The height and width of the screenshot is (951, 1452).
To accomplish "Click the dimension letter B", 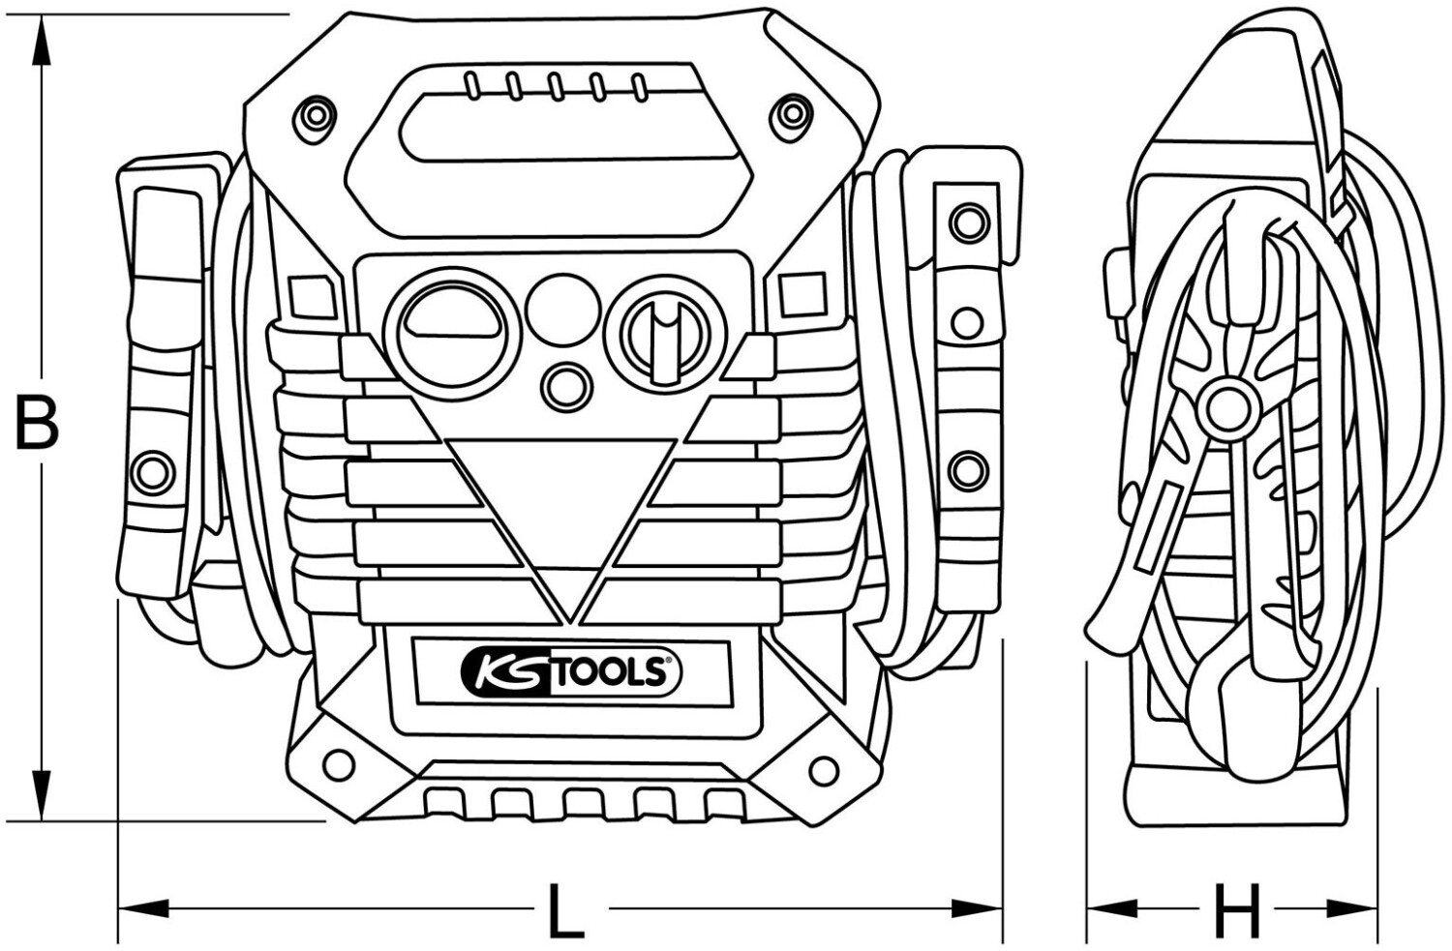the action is [x=37, y=420].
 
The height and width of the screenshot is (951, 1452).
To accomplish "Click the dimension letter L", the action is [x=565, y=910].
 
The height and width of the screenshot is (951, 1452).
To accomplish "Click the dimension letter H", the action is [x=1237, y=910].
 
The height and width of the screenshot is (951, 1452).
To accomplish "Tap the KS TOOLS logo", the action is [x=571, y=674].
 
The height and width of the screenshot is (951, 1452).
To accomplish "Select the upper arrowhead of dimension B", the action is [x=42, y=41].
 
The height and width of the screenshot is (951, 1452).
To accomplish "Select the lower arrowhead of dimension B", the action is [x=42, y=795].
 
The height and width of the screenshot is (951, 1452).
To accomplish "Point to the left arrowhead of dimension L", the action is [x=143, y=908].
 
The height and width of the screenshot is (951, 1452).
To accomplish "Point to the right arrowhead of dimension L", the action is [x=978, y=908].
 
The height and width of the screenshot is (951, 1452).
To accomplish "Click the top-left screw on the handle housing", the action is [x=316, y=118].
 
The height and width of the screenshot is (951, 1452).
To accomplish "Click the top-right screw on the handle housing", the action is [x=792, y=116].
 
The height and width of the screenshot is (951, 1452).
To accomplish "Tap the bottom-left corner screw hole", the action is [x=339, y=765].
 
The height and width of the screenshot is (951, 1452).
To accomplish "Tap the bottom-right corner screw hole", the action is [x=823, y=770].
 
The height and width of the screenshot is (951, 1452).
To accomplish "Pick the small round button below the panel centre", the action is [x=567, y=388].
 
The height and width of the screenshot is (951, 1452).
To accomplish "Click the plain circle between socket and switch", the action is [x=562, y=310].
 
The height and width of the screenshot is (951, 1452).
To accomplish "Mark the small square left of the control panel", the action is [x=313, y=297].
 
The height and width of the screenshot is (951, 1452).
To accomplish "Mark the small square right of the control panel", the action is [x=803, y=295].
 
